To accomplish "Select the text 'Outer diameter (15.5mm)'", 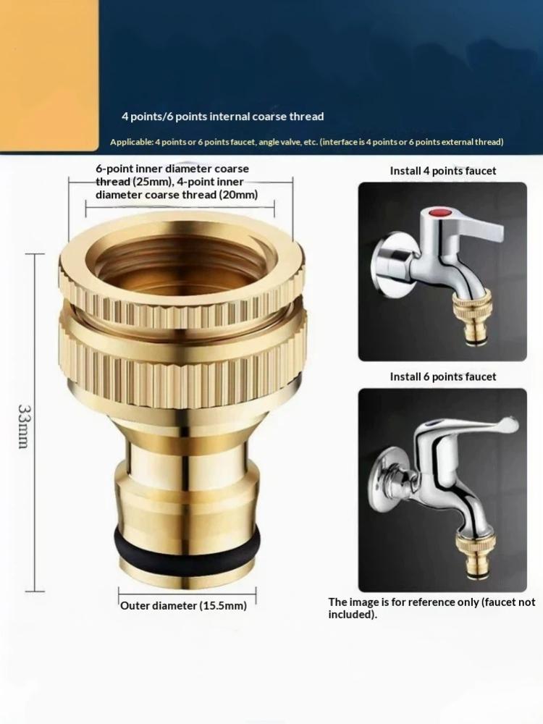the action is (x=183, y=605).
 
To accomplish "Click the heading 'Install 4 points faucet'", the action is (x=443, y=171).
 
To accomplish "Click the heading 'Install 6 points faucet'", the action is (x=443, y=376).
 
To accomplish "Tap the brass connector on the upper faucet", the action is (x=471, y=318).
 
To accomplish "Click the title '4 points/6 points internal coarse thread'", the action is (x=222, y=117).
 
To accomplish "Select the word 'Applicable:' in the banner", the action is (x=131, y=142).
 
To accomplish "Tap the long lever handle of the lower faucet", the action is (x=471, y=427).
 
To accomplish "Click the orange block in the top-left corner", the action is (x=49, y=75).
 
